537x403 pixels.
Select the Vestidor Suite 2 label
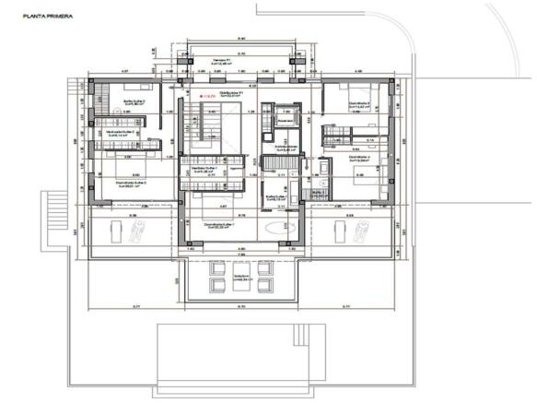pos(121,133)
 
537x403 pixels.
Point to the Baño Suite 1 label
pos(277,196)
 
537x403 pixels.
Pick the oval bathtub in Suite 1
pos(274,227)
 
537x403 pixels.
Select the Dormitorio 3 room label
pos(360,106)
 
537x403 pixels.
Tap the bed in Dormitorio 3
pos(355,91)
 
